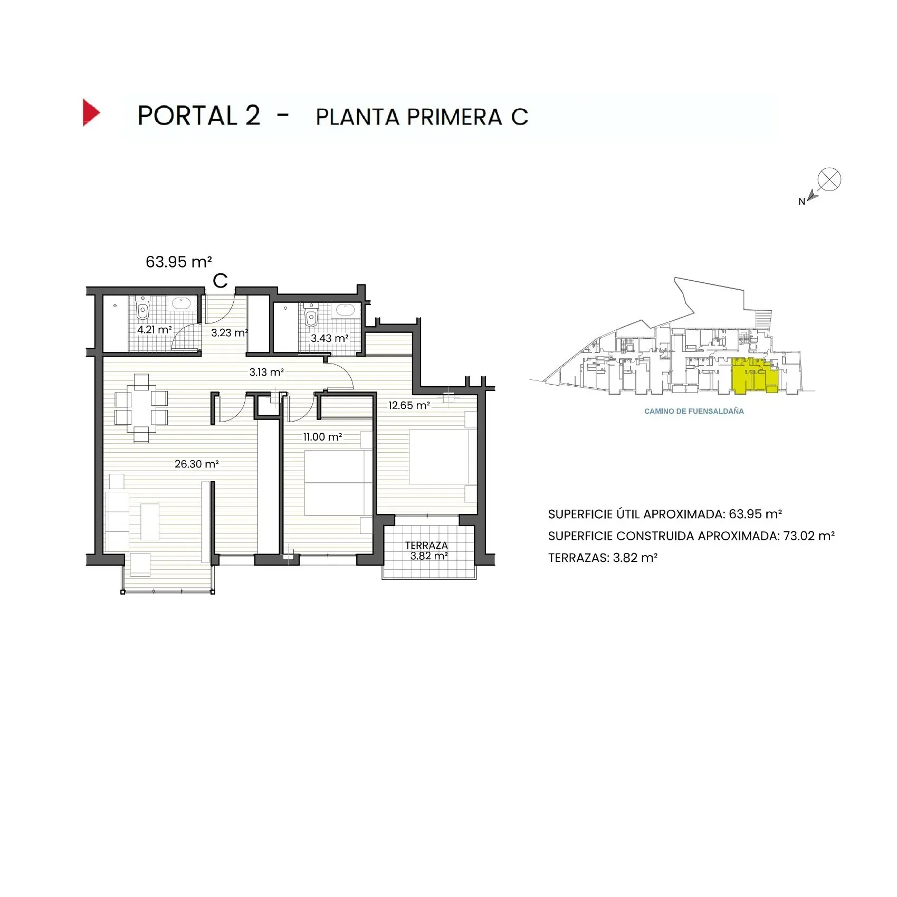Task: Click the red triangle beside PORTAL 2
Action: (90, 112)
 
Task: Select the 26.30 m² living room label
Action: (196, 464)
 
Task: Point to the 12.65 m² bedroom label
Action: (409, 406)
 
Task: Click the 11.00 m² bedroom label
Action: (322, 437)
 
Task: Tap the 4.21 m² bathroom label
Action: (154, 330)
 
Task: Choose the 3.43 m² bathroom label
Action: (329, 338)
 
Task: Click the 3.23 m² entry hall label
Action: (229, 333)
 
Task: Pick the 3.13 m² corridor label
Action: (266, 373)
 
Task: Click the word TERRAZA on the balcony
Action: (426, 545)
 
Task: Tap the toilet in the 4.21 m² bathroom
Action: (142, 309)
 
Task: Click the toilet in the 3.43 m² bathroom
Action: (311, 317)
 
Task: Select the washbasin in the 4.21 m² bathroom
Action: (182, 303)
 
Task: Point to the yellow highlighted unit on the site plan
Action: (755, 376)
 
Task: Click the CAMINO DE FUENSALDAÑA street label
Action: (694, 412)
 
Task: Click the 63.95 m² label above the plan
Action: (179, 262)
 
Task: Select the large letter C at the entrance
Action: (220, 281)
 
